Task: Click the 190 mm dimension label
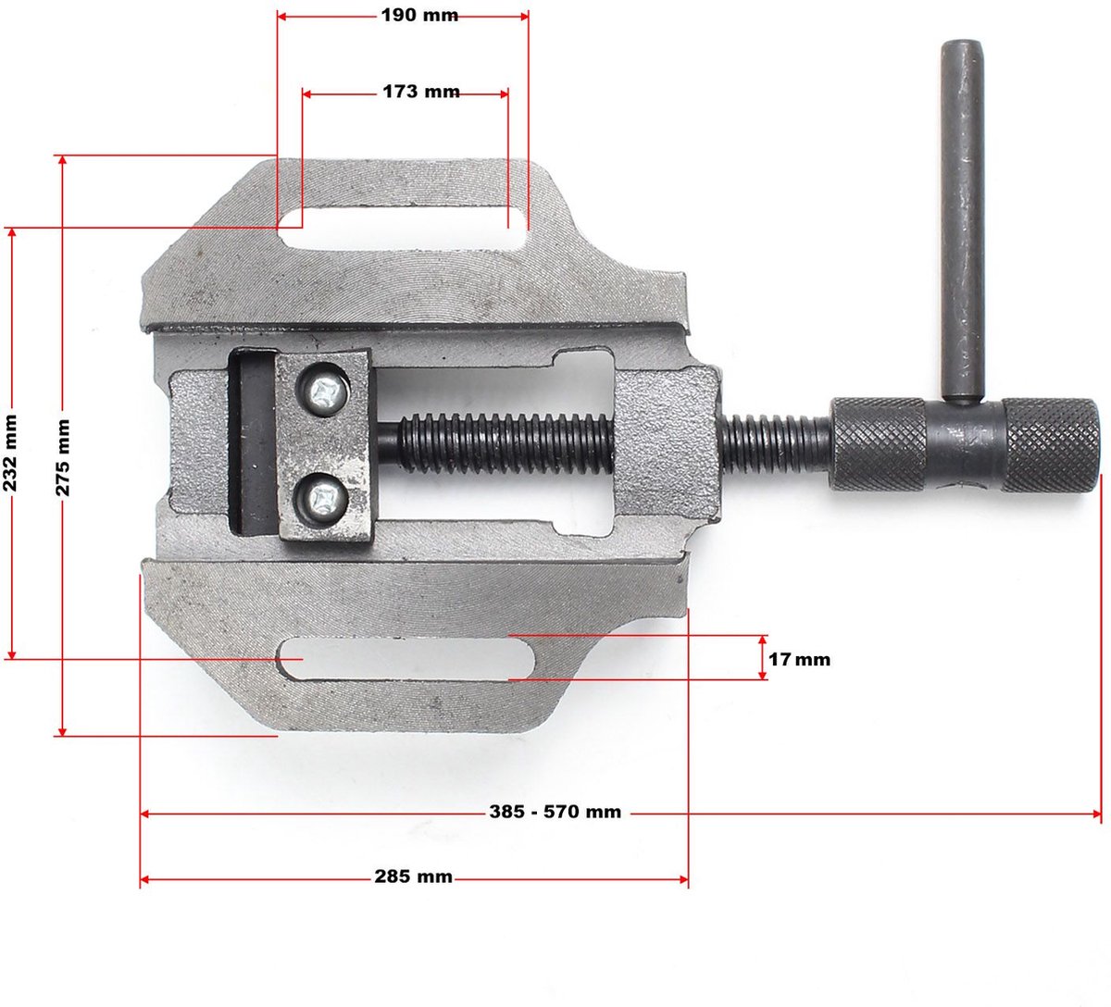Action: pos(419,16)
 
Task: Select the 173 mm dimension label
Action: pos(421,92)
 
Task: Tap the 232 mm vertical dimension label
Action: pos(10,454)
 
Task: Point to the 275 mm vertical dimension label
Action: pos(62,457)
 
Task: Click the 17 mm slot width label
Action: pos(799,660)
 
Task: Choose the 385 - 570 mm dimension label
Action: pos(555,812)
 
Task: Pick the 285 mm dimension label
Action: pos(413,876)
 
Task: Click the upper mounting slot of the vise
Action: pos(403,229)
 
